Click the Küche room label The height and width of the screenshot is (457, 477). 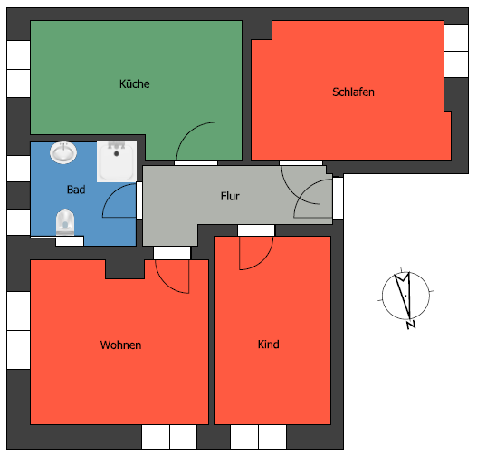[x=134, y=84]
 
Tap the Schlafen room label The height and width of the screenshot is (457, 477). [x=353, y=92]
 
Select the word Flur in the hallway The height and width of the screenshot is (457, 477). [x=230, y=196]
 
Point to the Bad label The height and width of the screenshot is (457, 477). [x=76, y=190]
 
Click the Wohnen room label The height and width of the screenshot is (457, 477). [x=120, y=345]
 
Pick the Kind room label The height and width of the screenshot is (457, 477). [x=268, y=345]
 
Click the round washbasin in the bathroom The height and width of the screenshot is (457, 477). [x=63, y=152]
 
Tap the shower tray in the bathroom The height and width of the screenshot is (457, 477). [x=116, y=161]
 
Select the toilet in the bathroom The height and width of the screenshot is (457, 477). [x=64, y=220]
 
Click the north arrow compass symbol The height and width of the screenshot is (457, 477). [x=404, y=295]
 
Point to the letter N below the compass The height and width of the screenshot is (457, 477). [x=411, y=324]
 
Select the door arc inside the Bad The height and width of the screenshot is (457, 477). [x=118, y=201]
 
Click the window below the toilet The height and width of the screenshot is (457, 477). [x=70, y=241]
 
